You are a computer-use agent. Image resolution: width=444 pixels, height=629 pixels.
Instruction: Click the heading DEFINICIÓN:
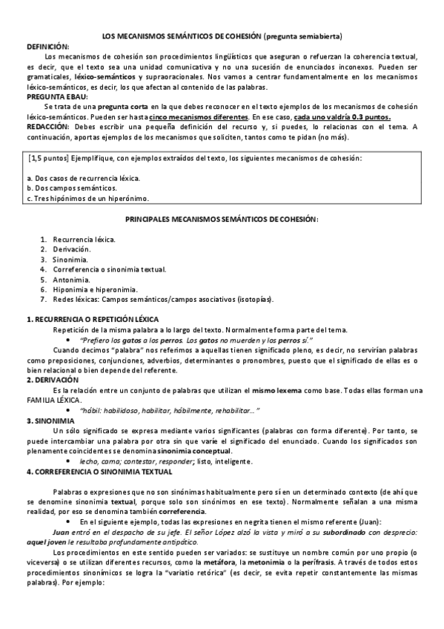pyautogui.click(x=47, y=45)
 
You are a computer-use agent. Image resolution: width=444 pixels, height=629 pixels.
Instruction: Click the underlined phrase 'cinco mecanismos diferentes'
pyautogui.click(x=198, y=117)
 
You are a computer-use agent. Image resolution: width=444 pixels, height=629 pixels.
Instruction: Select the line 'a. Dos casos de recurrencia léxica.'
pyautogui.click(x=83, y=179)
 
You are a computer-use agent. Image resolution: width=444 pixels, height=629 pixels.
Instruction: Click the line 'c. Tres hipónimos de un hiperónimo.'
pyautogui.click(x=87, y=198)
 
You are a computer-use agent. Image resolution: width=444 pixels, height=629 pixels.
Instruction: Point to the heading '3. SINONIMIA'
pyautogui.click(x=55, y=420)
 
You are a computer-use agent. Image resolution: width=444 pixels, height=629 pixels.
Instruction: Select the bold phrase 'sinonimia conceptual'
pyautogui.click(x=194, y=450)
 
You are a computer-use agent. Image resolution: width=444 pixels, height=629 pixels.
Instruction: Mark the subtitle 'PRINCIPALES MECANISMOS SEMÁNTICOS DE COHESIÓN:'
pyautogui.click(x=222, y=220)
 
